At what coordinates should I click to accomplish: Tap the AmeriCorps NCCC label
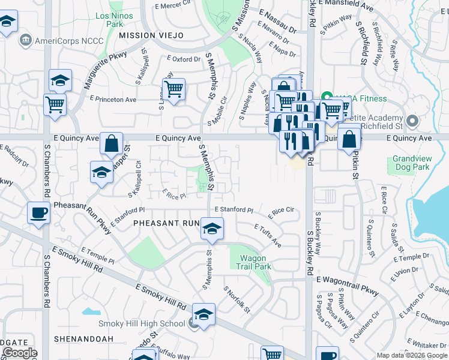coord(69,41)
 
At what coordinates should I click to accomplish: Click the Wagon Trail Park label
coord(256,262)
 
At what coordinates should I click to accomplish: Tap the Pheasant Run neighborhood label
coord(166,223)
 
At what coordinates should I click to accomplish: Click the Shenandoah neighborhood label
coord(83,338)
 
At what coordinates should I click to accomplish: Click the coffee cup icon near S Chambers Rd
coord(39,212)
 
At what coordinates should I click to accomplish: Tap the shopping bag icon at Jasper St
coord(111,143)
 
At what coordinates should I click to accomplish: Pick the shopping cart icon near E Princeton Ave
coord(173,89)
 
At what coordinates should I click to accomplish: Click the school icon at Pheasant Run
coord(212,229)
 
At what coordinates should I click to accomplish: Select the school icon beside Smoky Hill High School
coord(203,314)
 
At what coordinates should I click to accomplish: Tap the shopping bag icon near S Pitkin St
coord(349,139)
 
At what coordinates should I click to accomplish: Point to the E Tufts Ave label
coord(268,236)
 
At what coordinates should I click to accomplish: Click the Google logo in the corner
coord(19,353)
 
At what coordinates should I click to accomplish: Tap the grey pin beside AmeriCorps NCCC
coord(25,41)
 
